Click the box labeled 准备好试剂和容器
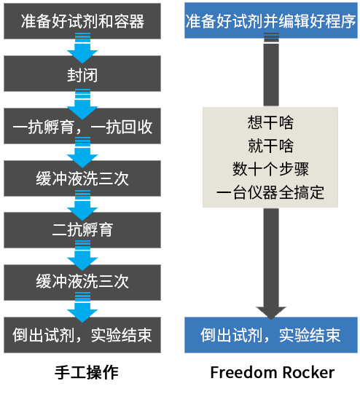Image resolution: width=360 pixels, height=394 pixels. point(82,21)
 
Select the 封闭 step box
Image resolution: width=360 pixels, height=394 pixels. point(82,74)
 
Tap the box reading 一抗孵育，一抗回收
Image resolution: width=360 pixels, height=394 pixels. point(82,127)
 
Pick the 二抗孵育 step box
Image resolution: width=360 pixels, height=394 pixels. point(82,230)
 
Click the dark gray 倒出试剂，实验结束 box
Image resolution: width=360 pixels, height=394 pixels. point(82,335)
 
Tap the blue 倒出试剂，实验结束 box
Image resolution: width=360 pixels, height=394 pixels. point(271,335)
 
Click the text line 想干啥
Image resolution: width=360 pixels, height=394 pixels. point(270,121)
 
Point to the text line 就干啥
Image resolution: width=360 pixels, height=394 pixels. point(270,145)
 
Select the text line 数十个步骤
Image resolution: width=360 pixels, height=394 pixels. point(270,169)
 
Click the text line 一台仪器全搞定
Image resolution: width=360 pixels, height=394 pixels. point(270,193)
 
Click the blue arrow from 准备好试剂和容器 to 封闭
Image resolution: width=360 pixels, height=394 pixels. point(82,50)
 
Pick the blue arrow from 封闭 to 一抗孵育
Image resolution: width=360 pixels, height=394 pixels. point(82,102)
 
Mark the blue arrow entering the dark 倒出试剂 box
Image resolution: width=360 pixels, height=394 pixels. point(82,309)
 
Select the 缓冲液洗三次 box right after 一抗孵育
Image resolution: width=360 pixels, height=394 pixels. point(82,178)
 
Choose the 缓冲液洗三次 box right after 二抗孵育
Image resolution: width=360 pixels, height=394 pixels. point(82,282)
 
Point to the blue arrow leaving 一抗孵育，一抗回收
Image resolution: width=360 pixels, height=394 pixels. point(82,154)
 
